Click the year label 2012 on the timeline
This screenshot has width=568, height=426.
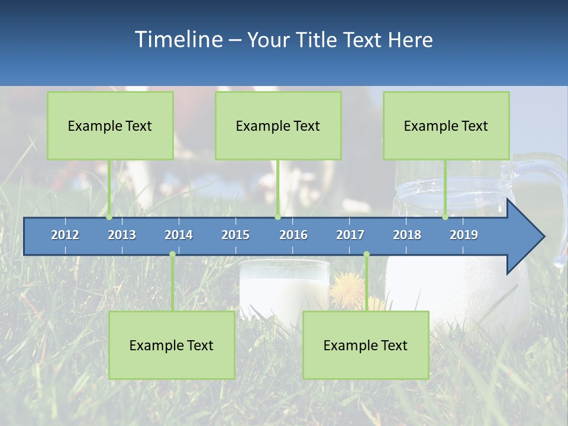pos(65,235)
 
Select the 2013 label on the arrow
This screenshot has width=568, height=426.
pos(122,235)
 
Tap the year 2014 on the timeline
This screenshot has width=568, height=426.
pos(179,235)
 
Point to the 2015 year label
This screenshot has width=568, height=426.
pos(235,235)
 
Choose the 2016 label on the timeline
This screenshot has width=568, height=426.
pos(293,235)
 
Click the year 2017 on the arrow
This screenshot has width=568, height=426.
pos(350,235)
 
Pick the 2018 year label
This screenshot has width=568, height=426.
pos(407,235)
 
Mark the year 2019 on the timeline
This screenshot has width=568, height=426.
pos(464,235)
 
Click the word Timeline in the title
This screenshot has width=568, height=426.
pos(178,40)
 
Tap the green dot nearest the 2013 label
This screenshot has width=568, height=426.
pos(109,217)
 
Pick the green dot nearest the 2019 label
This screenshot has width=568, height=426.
pos(446,217)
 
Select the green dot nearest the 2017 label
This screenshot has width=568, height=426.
pos(366,254)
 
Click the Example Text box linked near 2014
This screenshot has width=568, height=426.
pos(172,345)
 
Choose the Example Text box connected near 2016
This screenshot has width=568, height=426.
pos(278,125)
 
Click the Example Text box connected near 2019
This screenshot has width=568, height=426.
pos(446,125)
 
